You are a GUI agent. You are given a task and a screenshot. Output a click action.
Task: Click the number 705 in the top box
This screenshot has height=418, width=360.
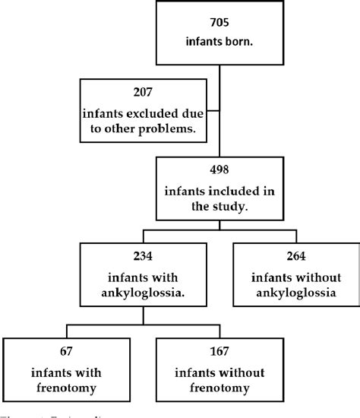(x=219, y=23)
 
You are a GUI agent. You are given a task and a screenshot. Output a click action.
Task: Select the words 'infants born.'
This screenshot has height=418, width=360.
(x=219, y=43)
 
